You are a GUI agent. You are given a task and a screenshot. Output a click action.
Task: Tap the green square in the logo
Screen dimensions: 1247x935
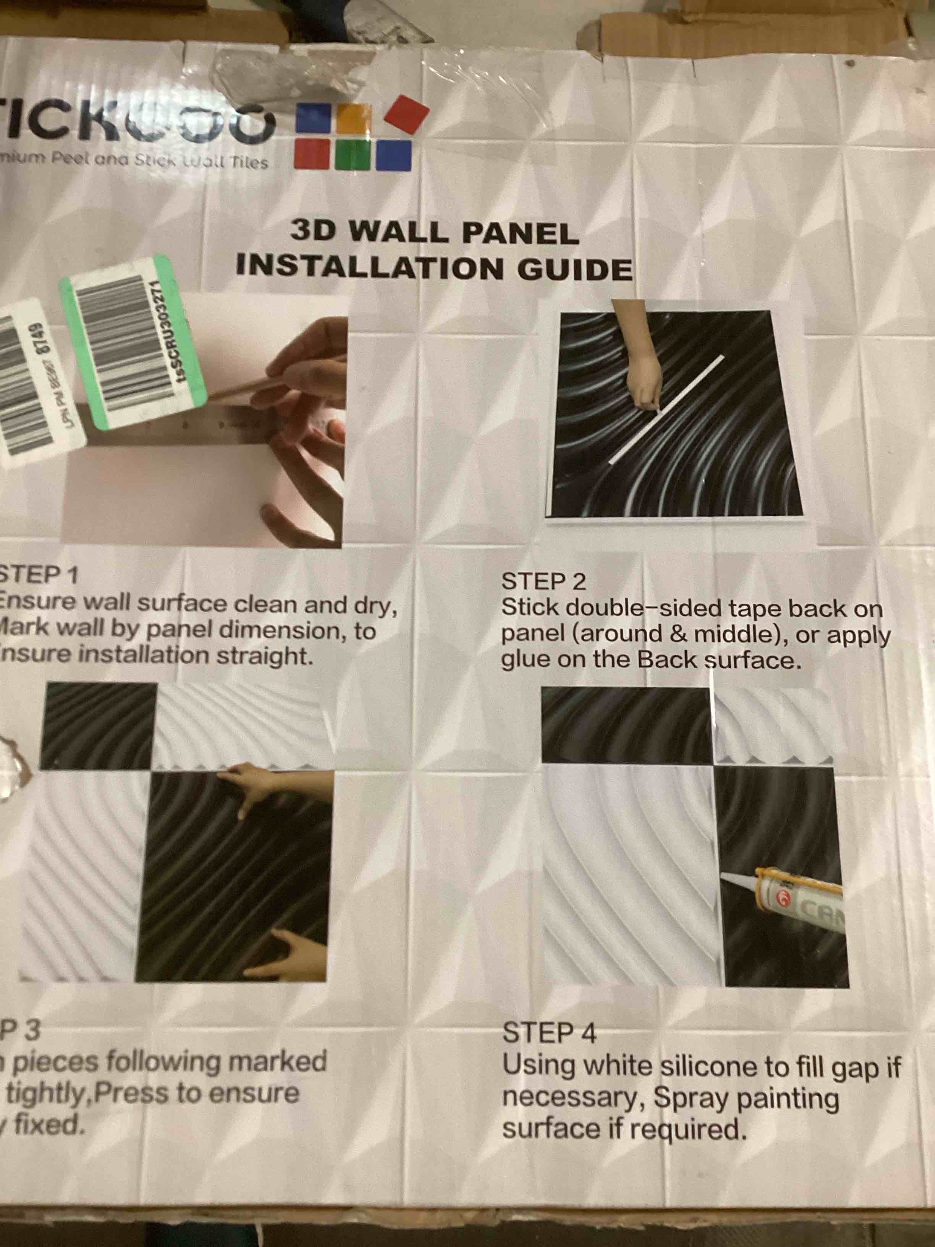353,154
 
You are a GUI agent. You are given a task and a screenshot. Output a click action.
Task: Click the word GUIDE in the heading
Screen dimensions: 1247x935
575,269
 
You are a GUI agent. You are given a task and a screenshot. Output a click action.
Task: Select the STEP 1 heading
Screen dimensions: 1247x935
38,575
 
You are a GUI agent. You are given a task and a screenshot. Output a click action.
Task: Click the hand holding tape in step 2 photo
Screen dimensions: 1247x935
644,373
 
